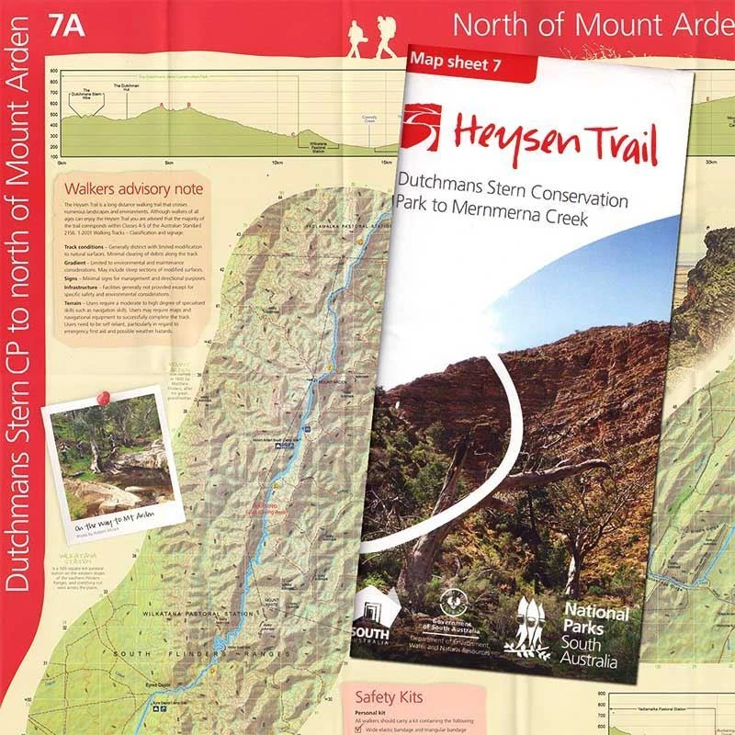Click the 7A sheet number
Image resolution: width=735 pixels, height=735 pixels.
[70, 24]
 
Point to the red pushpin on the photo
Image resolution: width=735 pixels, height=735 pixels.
[101, 397]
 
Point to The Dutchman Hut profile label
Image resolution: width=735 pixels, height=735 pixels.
[129, 85]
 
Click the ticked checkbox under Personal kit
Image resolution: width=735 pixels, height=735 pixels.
[358, 729]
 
